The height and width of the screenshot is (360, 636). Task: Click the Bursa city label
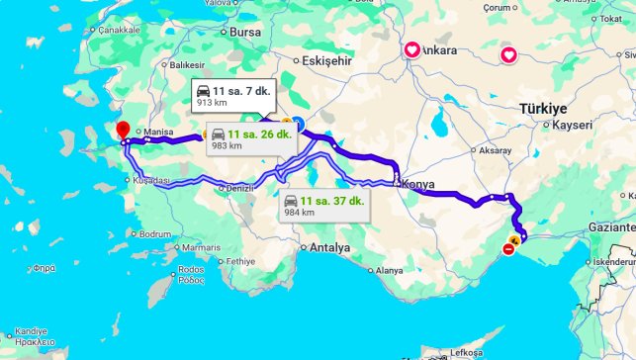(x=243, y=32)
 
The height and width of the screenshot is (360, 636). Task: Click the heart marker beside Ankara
(x=411, y=48)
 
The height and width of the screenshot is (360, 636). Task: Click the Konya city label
(x=415, y=183)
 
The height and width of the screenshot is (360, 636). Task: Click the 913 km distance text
(x=212, y=103)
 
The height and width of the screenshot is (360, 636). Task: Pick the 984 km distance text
(x=300, y=212)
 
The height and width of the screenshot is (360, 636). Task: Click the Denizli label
(x=240, y=187)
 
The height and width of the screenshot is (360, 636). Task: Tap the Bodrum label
(x=156, y=234)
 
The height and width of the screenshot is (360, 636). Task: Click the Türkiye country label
(x=544, y=108)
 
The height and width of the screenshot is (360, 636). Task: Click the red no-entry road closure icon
(x=508, y=249)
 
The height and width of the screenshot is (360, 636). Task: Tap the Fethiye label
(x=240, y=261)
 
